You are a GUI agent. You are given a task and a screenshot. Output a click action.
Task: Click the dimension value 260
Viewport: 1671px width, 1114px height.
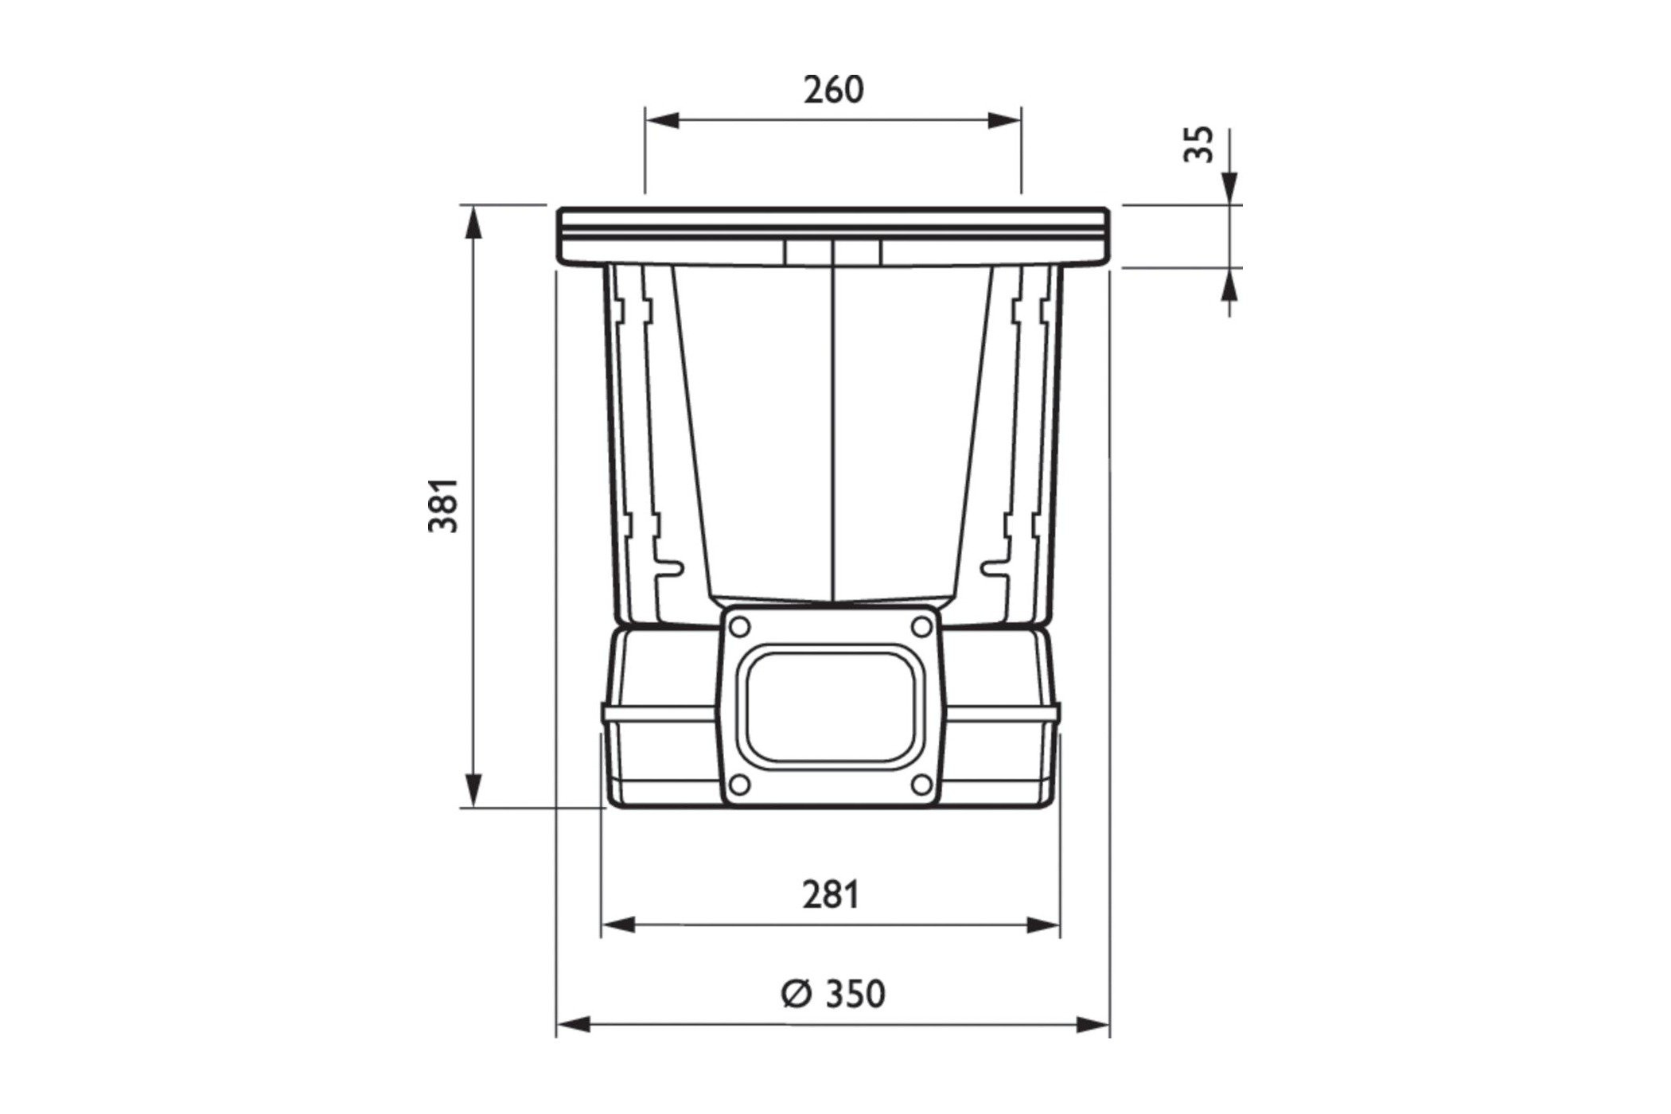click(832, 90)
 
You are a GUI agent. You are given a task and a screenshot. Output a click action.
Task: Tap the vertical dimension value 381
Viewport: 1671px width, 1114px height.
click(444, 505)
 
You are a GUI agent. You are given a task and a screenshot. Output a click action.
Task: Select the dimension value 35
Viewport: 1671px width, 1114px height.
click(1200, 144)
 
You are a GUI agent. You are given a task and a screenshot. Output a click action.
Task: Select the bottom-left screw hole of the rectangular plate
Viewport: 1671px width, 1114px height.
click(739, 785)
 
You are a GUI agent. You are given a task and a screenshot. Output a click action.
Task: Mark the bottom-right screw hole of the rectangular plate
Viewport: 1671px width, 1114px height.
click(921, 785)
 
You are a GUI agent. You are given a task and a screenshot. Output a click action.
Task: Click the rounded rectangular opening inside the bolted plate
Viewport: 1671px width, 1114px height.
click(830, 706)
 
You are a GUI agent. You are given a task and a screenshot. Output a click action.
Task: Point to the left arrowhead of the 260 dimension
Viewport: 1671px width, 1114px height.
click(660, 121)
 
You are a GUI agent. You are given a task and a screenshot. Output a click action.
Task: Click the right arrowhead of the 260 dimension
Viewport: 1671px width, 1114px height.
click(1004, 121)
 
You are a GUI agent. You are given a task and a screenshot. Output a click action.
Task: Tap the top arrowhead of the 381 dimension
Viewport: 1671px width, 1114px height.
click(473, 223)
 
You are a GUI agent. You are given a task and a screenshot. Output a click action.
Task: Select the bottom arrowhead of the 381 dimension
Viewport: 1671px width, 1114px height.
click(473, 792)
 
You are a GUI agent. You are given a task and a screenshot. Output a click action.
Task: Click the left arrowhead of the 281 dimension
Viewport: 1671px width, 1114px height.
click(617, 925)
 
